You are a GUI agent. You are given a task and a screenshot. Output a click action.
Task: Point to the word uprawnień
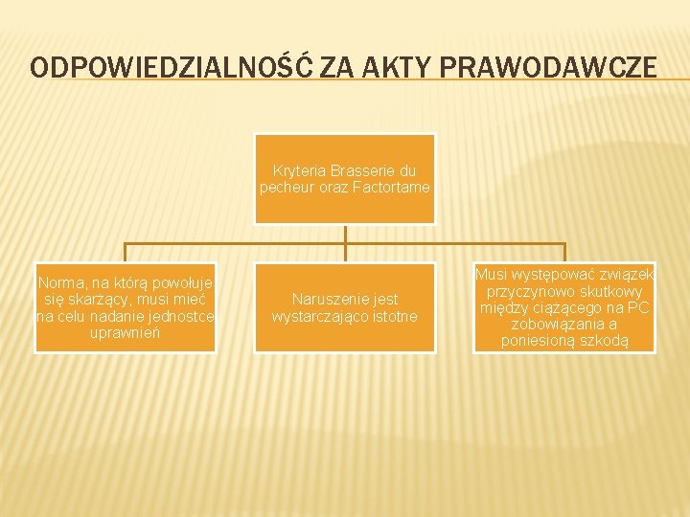pos(126,333)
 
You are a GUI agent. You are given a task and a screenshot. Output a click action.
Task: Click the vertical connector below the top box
pos(345,242)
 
